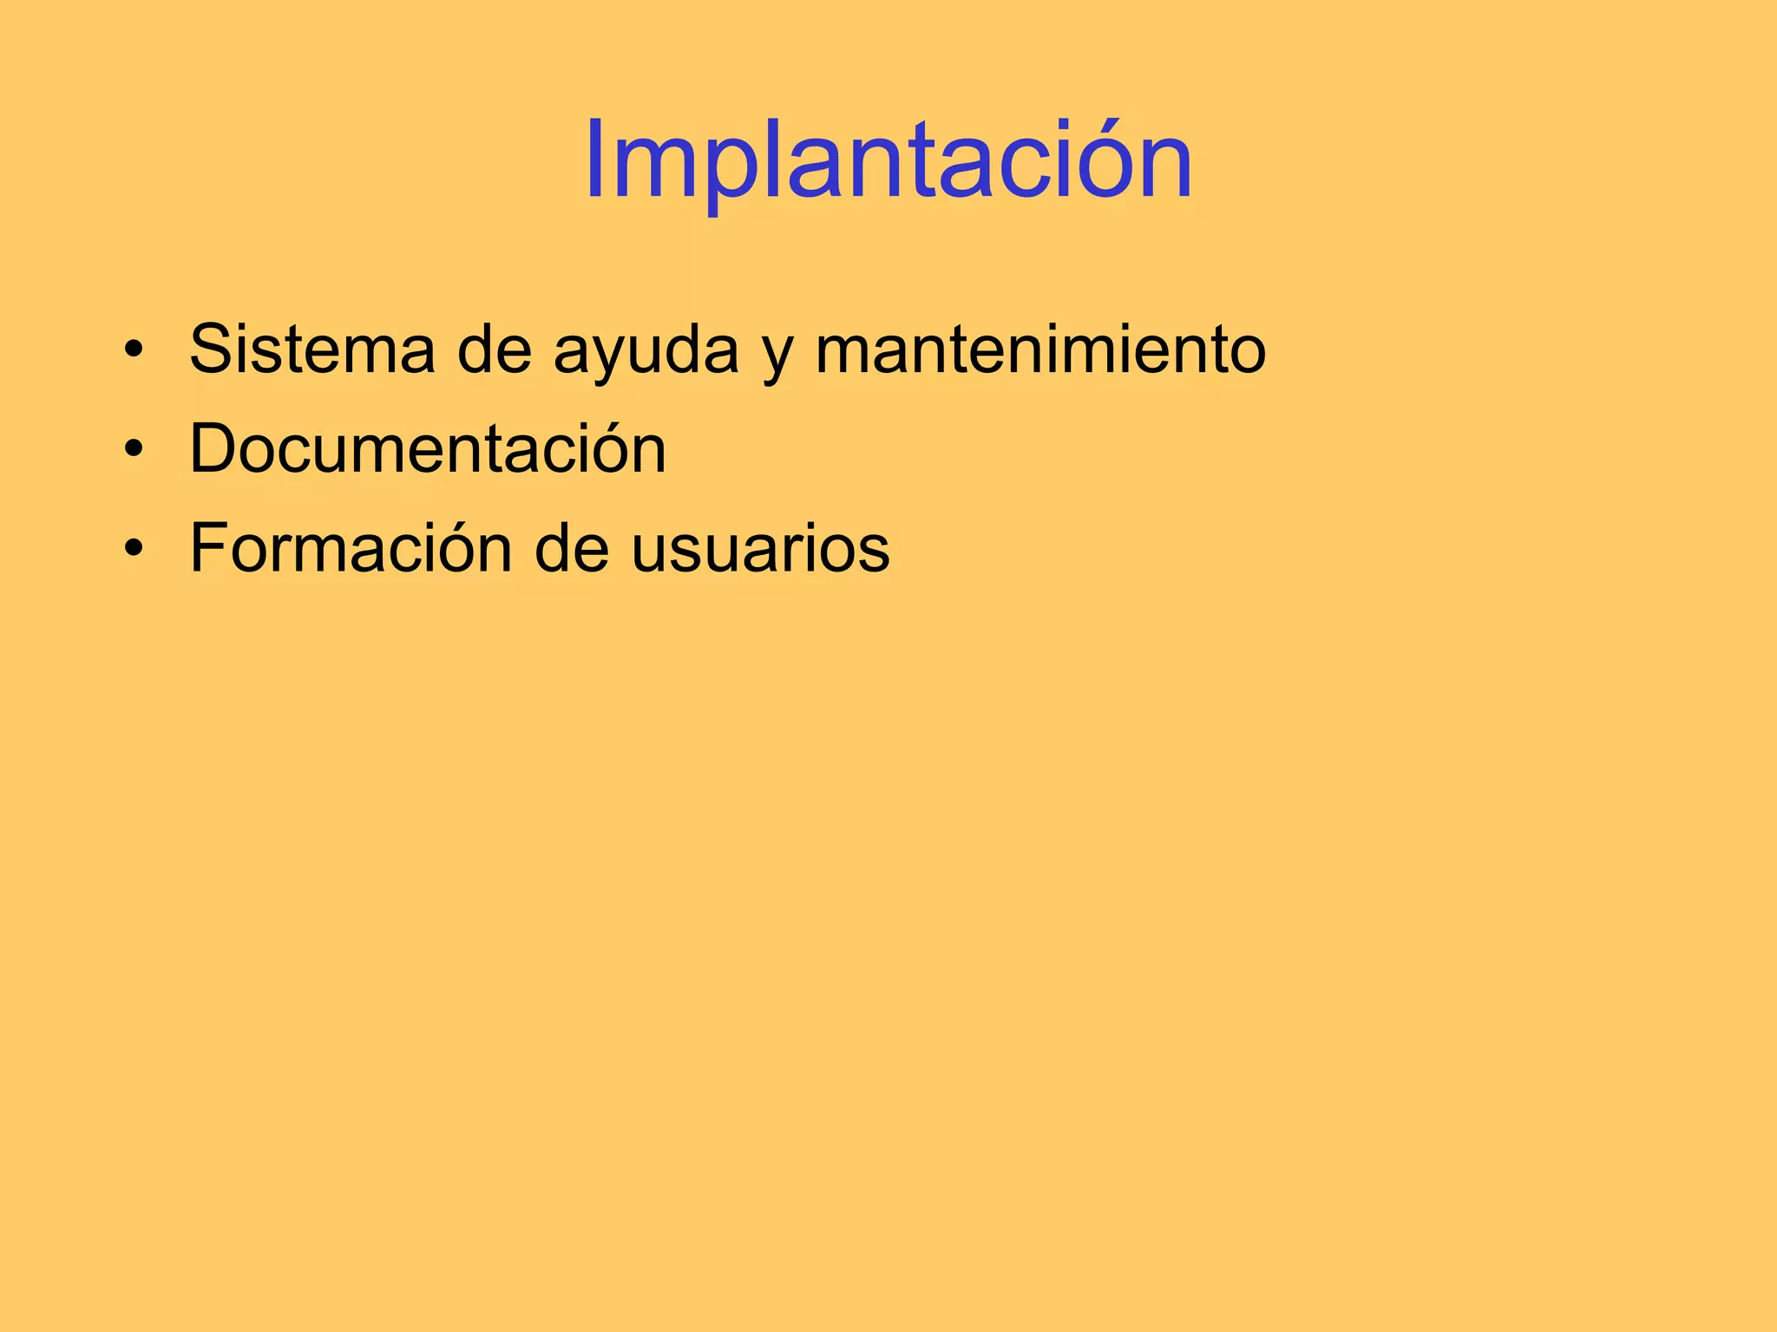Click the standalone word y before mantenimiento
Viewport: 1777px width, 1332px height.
coord(777,356)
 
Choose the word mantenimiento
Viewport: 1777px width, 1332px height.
coord(1040,349)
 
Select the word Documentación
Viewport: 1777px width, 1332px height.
coord(428,449)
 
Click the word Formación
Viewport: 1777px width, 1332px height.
coord(351,548)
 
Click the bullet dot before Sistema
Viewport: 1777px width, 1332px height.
coord(133,351)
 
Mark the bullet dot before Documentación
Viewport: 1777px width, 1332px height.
coord(133,451)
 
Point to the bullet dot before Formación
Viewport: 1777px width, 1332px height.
coord(133,550)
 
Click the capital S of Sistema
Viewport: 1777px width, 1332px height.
coord(213,349)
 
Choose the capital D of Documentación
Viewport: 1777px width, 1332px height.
coord(214,449)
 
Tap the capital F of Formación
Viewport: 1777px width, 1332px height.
coord(211,548)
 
